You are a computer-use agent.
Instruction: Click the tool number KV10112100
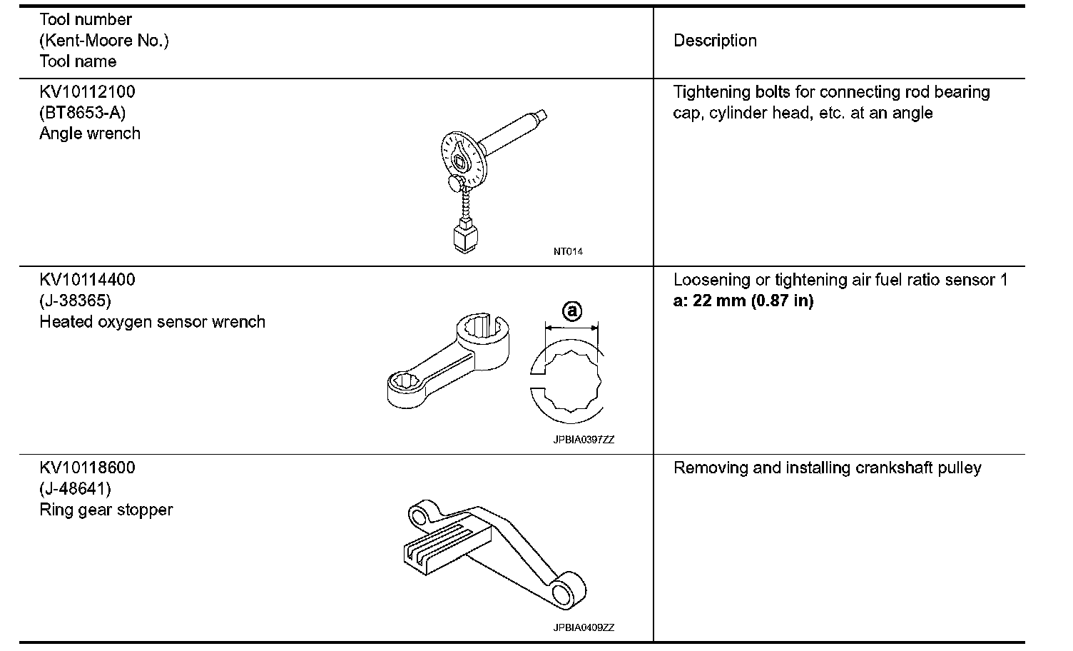point(87,92)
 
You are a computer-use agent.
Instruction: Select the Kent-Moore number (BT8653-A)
point(83,113)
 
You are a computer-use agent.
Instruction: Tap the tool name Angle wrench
point(90,133)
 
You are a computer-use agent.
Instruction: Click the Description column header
point(715,41)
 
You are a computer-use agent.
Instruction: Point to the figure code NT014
point(568,251)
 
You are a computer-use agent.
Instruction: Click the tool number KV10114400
point(87,280)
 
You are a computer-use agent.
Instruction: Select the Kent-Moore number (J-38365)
point(76,301)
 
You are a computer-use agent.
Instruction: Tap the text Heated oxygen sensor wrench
point(152,322)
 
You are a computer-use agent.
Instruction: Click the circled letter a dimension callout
point(572,311)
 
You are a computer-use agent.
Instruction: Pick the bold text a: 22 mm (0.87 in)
point(743,301)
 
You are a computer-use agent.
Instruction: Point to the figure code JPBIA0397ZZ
point(584,440)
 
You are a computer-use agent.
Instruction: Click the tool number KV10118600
point(87,468)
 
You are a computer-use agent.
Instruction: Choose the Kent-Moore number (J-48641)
point(76,489)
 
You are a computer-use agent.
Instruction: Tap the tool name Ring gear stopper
point(106,510)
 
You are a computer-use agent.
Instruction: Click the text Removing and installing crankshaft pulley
point(828,468)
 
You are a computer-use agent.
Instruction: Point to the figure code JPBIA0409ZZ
point(584,627)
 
